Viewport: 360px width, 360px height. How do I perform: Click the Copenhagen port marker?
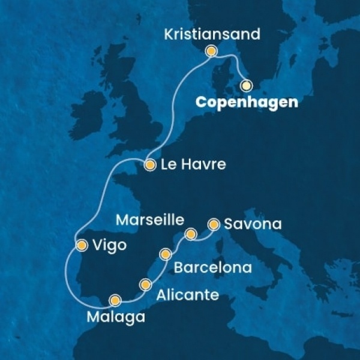coord(246,85)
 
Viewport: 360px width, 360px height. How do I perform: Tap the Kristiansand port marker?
coord(211,52)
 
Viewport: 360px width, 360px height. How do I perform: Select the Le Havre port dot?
coord(149,163)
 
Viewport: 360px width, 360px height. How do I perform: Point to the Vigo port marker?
coord(81,244)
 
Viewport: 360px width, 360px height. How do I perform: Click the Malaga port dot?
coord(115,299)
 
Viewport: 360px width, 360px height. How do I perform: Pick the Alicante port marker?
coord(145,284)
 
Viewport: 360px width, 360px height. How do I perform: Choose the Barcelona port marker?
coord(166,255)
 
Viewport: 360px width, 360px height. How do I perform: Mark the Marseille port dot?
coord(191,233)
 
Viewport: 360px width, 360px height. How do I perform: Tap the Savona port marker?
coord(213,225)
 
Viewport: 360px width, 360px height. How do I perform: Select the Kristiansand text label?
coord(212,34)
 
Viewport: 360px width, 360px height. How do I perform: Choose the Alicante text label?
coord(184,295)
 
